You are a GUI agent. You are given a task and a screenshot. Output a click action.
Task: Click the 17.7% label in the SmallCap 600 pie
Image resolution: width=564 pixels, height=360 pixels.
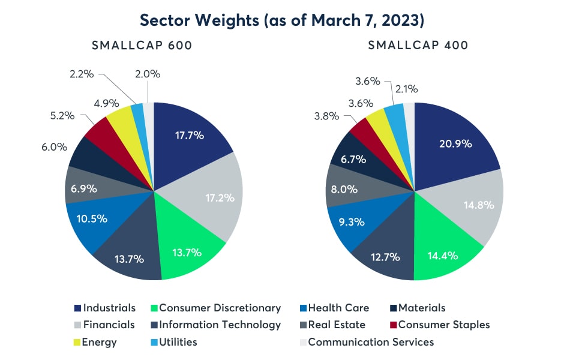pos(190,135)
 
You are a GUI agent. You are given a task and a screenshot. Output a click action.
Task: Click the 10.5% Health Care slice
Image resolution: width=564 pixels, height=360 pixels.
pos(91,218)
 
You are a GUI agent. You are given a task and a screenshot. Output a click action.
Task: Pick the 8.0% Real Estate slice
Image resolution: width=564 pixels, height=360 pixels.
pos(344,190)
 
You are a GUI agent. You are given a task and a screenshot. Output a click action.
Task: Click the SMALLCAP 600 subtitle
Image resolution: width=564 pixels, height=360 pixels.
pos(142,46)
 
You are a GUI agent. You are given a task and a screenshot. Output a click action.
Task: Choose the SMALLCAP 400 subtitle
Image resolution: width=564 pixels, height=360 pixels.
pos(419,46)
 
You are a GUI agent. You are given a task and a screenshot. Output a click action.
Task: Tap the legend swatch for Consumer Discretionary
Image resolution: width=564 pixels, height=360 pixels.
pos(152,308)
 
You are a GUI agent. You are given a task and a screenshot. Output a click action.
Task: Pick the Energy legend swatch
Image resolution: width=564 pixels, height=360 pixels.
pos(77,343)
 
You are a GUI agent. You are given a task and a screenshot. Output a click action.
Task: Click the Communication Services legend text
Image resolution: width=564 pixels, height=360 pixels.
pos(371,342)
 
